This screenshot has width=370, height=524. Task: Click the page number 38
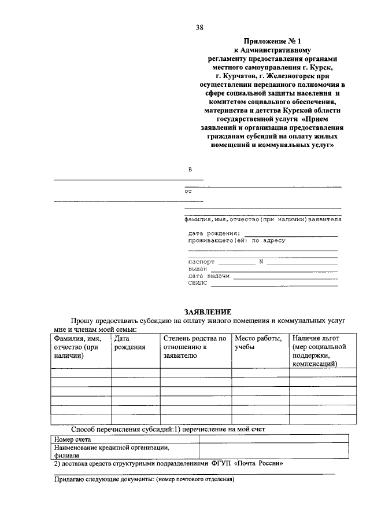[199, 27]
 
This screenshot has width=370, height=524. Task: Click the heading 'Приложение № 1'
[275, 42]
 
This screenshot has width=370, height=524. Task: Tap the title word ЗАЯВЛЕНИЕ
[207, 312]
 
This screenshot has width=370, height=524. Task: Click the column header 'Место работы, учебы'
[258, 342]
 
